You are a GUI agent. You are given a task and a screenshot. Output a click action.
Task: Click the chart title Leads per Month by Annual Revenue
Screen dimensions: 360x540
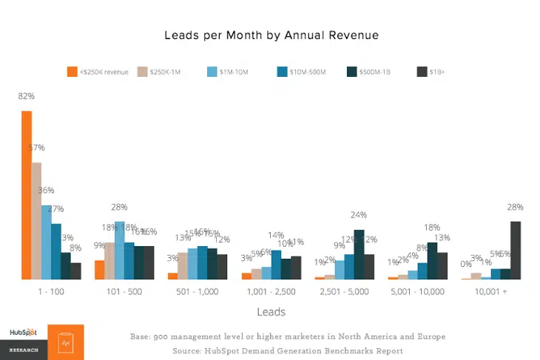coord(271,35)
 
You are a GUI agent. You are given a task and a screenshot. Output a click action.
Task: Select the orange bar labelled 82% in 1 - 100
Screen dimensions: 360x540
coord(27,195)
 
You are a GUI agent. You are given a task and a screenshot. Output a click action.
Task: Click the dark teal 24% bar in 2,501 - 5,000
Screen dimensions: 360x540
coord(359,254)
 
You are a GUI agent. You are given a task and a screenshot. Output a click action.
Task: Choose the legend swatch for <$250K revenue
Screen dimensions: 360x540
coord(72,72)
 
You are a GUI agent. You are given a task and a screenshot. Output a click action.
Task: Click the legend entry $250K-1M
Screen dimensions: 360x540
coord(166,72)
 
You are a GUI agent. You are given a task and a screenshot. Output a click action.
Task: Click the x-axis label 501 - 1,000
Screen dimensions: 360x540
coord(198,292)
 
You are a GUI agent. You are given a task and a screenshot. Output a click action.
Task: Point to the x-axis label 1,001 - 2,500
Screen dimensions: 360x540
coord(271,292)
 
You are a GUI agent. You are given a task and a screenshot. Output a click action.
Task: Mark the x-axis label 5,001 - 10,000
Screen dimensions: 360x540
coord(418,292)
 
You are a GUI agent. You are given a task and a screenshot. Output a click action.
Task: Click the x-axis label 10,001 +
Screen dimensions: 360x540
coord(491,292)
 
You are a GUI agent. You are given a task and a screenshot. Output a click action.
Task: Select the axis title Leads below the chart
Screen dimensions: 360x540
coord(271,312)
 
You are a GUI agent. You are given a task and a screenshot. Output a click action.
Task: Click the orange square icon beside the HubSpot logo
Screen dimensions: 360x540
coord(66,342)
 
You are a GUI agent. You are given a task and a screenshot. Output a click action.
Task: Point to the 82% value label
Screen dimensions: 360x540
coord(27,96)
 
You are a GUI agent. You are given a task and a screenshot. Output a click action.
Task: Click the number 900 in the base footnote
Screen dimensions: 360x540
coord(162,337)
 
